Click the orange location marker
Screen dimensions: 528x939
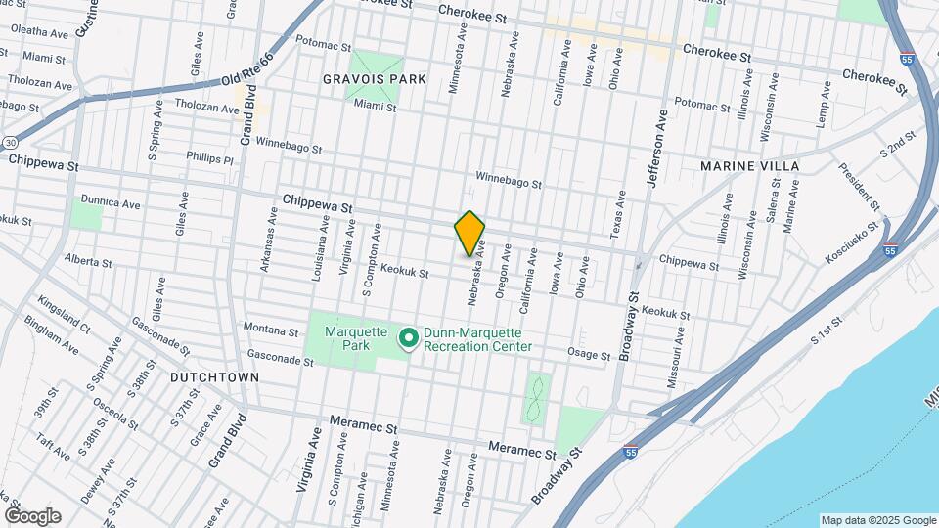[470, 233]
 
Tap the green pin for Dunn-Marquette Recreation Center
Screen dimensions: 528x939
[409, 338]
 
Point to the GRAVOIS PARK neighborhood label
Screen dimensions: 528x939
[375, 78]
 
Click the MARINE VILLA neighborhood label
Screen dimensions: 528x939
[749, 166]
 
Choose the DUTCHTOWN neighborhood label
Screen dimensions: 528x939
[214, 376]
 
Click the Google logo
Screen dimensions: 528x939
[32, 516]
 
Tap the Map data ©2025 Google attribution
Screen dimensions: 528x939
[877, 520]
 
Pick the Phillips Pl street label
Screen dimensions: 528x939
[210, 158]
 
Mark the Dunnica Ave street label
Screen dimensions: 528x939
[112, 203]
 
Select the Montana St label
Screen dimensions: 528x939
[270, 330]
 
